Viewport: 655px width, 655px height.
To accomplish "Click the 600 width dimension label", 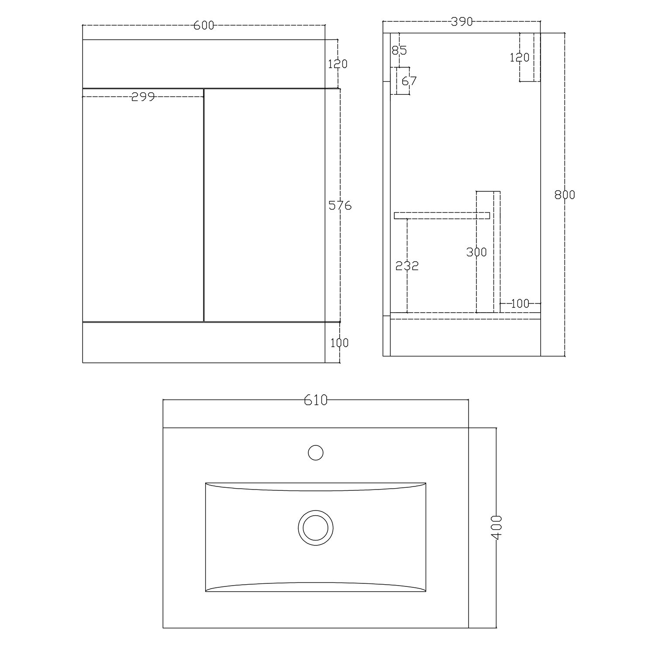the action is pyautogui.click(x=204, y=26).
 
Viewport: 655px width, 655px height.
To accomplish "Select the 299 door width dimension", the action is pyautogui.click(x=143, y=97).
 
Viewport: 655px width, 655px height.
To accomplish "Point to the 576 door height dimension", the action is pyautogui.click(x=340, y=205).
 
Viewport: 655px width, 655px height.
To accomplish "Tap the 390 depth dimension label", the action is pyautogui.click(x=462, y=21).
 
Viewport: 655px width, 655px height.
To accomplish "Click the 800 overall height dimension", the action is pyautogui.click(x=565, y=195).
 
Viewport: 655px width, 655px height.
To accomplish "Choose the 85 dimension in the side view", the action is pyautogui.click(x=399, y=51).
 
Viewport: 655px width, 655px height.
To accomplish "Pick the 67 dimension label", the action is pyautogui.click(x=409, y=81).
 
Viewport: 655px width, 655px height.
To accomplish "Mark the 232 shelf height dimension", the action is pyautogui.click(x=407, y=265).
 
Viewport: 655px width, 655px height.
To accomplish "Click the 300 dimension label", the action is pyautogui.click(x=476, y=252).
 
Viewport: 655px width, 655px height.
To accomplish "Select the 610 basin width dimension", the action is pyautogui.click(x=316, y=400).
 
